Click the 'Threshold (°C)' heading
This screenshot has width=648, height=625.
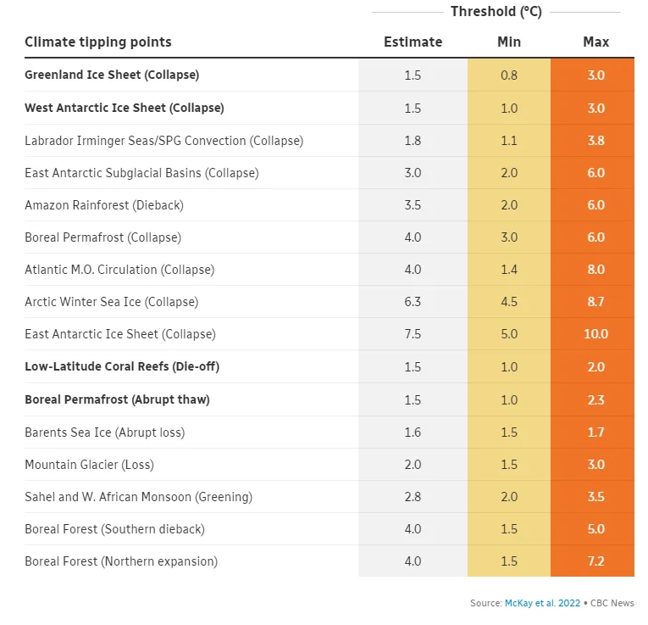[x=496, y=12]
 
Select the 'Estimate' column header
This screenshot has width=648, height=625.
[x=413, y=42]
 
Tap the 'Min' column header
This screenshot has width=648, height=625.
[x=508, y=42]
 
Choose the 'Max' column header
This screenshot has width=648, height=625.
[x=595, y=42]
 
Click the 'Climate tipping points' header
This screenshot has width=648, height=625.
[x=98, y=42]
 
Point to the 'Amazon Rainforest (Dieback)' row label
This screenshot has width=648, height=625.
[x=104, y=205]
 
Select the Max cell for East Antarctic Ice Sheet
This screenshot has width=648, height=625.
[x=595, y=334]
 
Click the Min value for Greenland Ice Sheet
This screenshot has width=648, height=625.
[x=508, y=75]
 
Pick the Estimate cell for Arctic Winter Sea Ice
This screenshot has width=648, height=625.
[x=413, y=302]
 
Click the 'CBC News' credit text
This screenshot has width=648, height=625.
[x=612, y=603]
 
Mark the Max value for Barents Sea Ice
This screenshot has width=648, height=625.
[x=595, y=432]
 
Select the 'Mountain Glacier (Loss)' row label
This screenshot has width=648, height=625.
[x=89, y=465]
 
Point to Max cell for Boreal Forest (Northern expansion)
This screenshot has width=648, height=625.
[x=595, y=561]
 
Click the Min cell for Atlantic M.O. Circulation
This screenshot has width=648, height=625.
[x=508, y=270]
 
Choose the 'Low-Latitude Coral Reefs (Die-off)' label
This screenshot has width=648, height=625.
[x=122, y=366]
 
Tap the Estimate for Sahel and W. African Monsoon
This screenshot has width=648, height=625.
[x=413, y=497]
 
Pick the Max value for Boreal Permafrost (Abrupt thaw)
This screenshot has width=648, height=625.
[x=595, y=399]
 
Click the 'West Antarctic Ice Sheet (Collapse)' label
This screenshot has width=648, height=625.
[x=125, y=108]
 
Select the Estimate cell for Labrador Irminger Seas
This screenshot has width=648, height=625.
[x=413, y=141]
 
